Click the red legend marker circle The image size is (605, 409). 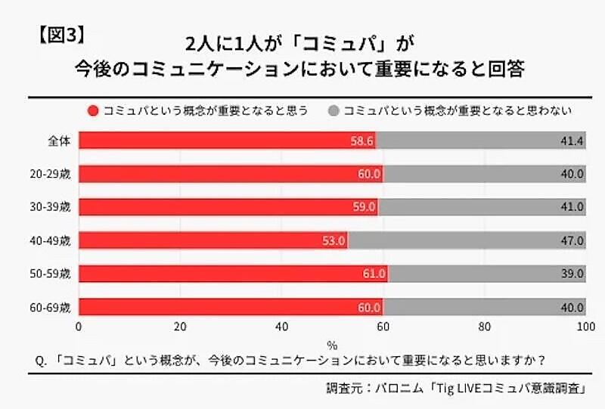[x=94, y=111]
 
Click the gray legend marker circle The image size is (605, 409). [x=333, y=111]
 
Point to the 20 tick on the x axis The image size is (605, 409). [x=180, y=327]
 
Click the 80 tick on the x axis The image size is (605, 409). [x=485, y=327]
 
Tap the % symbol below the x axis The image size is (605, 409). [x=333, y=343]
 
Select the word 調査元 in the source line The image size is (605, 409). [x=343, y=389]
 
